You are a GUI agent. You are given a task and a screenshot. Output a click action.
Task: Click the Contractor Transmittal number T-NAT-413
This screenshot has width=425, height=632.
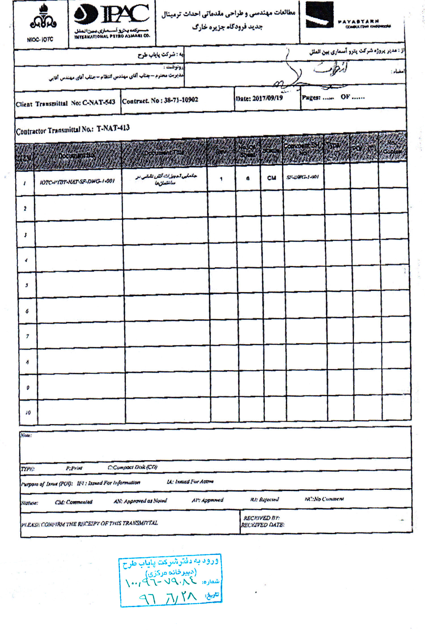[x=113, y=128]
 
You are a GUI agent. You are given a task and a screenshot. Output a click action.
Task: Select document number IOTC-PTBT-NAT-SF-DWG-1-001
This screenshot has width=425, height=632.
[x=77, y=181]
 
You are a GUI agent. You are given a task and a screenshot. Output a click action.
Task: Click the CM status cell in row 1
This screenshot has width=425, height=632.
[x=271, y=178]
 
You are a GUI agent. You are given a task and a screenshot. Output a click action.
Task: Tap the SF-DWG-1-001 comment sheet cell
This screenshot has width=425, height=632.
[x=303, y=177]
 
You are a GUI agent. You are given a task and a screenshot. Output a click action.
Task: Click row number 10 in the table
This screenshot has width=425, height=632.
[x=28, y=412]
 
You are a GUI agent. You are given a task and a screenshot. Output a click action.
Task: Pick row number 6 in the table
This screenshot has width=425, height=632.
[x=27, y=311]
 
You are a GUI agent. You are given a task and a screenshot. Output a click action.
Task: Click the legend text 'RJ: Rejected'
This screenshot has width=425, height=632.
[x=264, y=499]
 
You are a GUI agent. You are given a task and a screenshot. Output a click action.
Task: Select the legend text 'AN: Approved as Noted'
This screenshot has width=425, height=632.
[x=140, y=501]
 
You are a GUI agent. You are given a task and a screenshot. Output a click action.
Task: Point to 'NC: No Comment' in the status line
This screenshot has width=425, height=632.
[x=324, y=499]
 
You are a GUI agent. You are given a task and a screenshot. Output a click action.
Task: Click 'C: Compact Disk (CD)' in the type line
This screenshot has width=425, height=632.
[x=132, y=467]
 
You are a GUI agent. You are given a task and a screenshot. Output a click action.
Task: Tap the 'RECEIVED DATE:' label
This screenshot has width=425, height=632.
[x=262, y=525]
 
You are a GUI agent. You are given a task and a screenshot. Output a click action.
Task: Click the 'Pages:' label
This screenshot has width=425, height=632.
[x=311, y=97]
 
